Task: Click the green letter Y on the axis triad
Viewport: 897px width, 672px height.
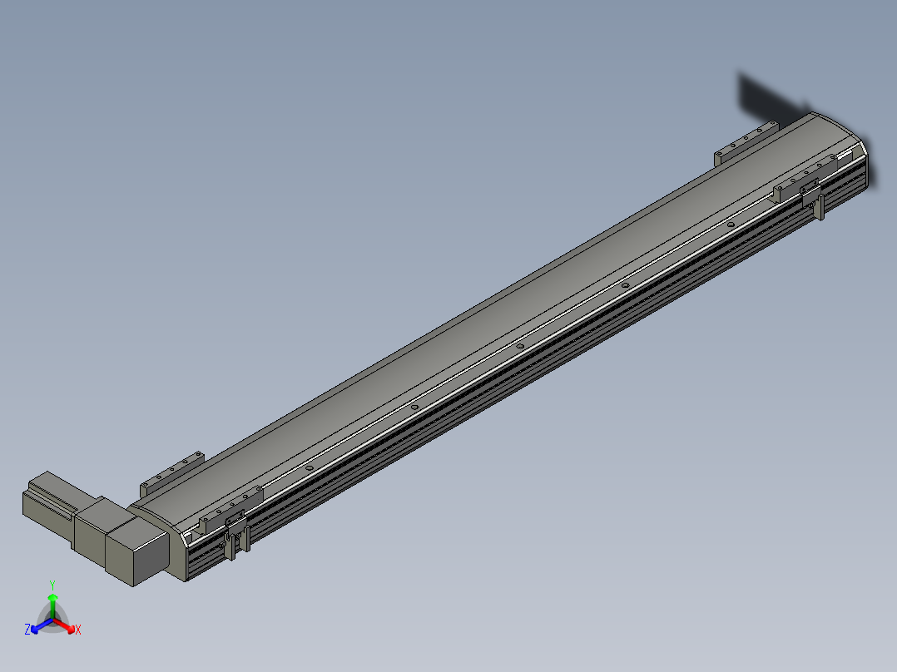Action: click(x=52, y=585)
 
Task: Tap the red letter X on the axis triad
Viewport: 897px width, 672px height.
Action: click(x=78, y=630)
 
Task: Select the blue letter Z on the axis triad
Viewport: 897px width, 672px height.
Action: click(x=27, y=630)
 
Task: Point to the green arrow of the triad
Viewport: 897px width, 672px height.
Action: click(x=52, y=601)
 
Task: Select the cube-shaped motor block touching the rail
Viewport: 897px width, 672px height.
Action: click(x=137, y=549)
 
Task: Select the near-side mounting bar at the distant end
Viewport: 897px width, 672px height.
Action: click(x=803, y=179)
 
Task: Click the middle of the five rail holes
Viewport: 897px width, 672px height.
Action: click(x=519, y=346)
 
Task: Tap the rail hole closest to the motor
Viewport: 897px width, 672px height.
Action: click(x=309, y=468)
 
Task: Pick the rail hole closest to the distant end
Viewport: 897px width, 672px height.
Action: click(x=730, y=225)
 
